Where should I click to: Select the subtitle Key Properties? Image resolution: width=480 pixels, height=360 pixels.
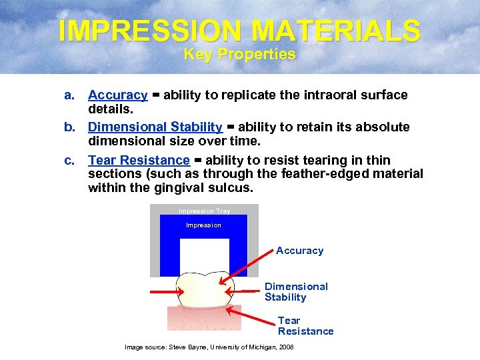[239, 55]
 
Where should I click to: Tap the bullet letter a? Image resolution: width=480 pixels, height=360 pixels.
[69, 95]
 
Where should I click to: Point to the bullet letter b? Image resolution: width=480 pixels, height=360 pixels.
[69, 127]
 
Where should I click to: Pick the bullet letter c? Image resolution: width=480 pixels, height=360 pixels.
[69, 160]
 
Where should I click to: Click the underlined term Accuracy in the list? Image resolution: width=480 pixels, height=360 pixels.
[117, 95]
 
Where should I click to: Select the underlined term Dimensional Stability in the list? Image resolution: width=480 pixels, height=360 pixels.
[155, 127]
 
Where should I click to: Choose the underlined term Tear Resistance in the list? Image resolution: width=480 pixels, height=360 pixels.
[139, 160]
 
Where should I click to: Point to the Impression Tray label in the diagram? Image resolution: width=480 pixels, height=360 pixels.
[204, 211]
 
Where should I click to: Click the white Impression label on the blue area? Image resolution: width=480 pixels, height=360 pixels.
[203, 225]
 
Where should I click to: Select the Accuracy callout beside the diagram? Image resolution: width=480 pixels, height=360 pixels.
[299, 251]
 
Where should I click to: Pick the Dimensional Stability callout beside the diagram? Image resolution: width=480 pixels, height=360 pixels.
[296, 292]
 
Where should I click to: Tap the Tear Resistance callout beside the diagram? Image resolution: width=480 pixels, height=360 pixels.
[305, 325]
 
